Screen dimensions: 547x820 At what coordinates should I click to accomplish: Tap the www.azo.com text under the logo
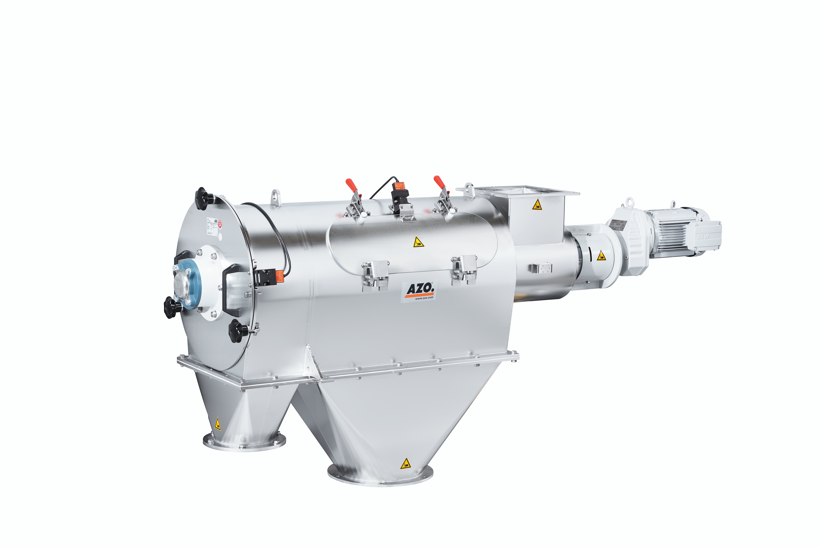[424, 298]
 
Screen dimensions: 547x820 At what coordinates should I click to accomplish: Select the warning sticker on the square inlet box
[537, 205]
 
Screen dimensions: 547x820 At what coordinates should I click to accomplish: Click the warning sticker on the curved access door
[418, 242]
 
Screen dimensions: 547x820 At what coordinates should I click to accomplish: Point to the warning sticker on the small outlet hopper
[218, 424]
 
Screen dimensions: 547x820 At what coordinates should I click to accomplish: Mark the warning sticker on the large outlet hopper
[406, 464]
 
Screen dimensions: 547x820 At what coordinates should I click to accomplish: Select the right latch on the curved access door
[464, 270]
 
